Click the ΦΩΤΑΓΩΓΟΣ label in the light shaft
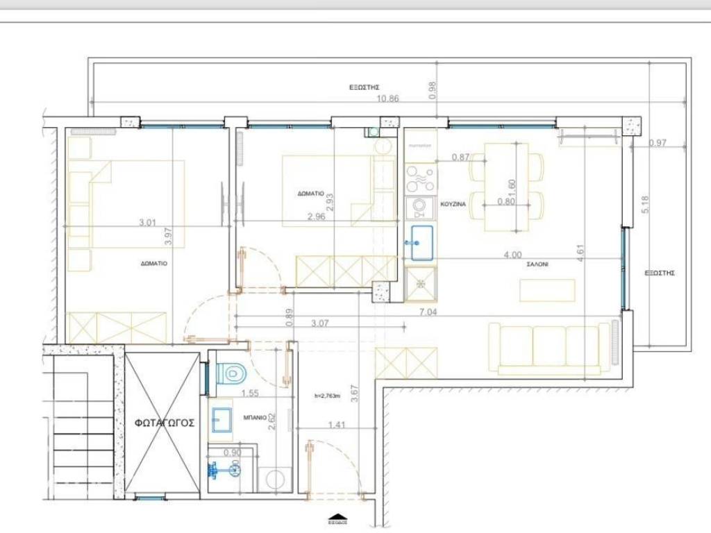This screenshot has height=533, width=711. [165, 422]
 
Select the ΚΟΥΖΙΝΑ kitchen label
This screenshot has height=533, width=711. [453, 204]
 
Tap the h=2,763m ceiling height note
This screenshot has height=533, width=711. [328, 396]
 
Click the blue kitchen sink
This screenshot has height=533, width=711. [421, 243]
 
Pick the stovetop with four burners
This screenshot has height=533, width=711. [421, 178]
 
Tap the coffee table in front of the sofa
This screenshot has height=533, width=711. [547, 290]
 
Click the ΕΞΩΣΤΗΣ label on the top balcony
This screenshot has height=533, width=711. [363, 87]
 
